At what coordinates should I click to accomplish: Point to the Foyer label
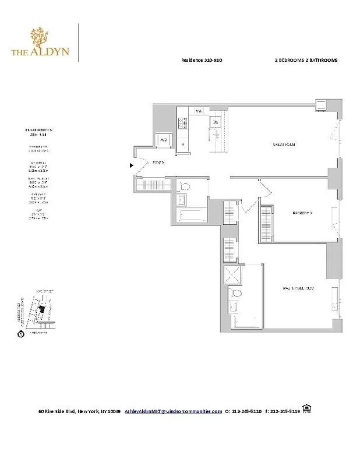coord(158,164)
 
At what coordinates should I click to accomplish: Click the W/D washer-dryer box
coord(163,140)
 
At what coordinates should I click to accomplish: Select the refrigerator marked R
coord(183,144)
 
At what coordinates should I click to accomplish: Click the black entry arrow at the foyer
coord(132,165)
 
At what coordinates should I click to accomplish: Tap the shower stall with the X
coord(233,276)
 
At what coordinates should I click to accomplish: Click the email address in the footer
coord(173,411)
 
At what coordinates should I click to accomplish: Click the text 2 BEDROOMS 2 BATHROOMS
coord(306,61)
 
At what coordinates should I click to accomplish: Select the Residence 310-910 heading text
coord(202,61)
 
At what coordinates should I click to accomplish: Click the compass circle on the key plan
coord(21,334)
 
